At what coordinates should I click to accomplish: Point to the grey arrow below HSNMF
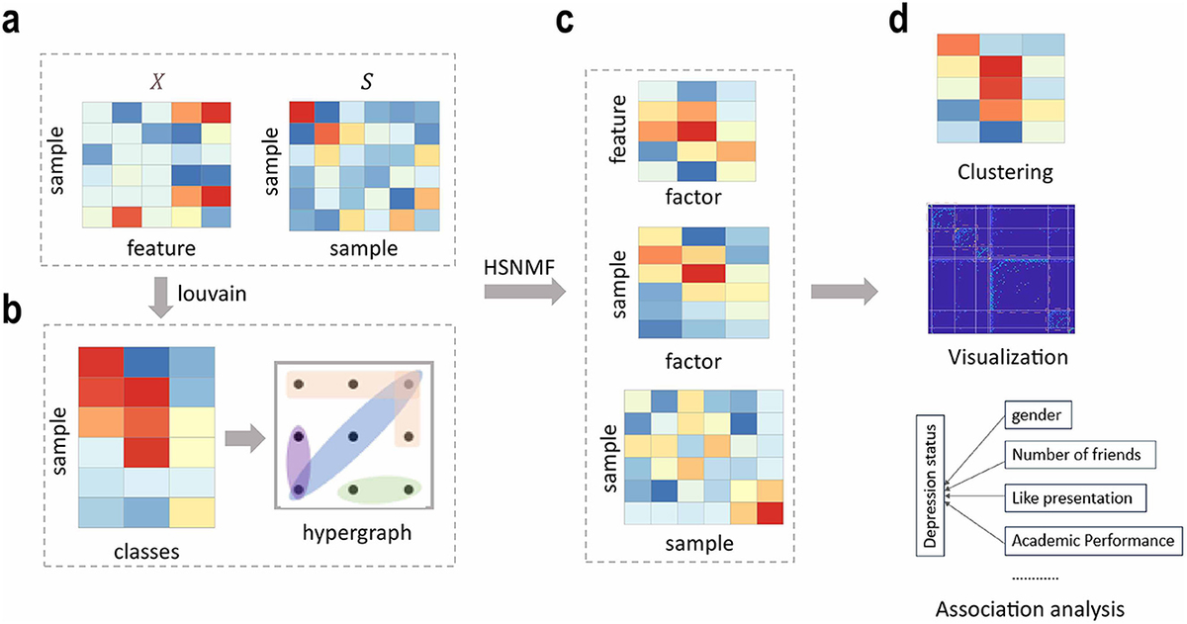(521, 292)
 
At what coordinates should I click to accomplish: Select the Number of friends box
(1068, 456)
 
